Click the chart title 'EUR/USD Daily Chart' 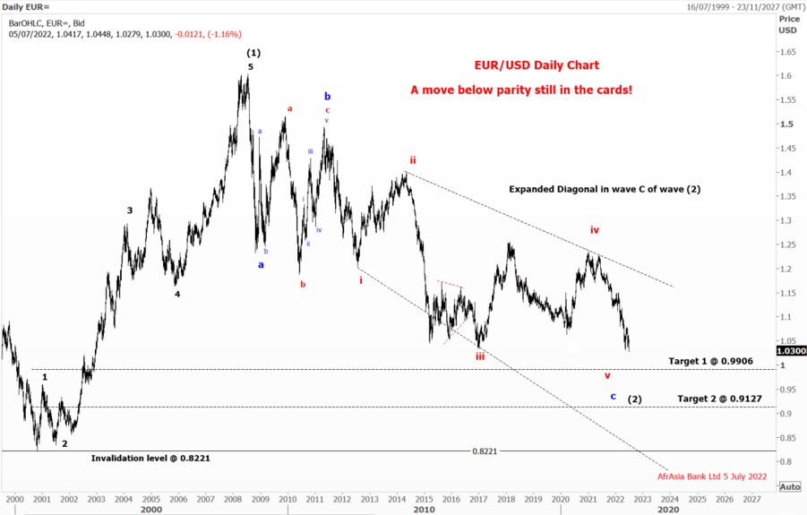tap(537, 65)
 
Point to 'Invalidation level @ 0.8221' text tap(150, 458)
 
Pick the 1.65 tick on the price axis tap(787, 53)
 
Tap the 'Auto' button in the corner tap(790, 486)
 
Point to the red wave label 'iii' tap(480, 356)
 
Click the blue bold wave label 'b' tap(328, 96)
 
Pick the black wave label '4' tap(177, 294)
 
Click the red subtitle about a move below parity tap(521, 90)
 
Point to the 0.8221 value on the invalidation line tap(485, 451)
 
